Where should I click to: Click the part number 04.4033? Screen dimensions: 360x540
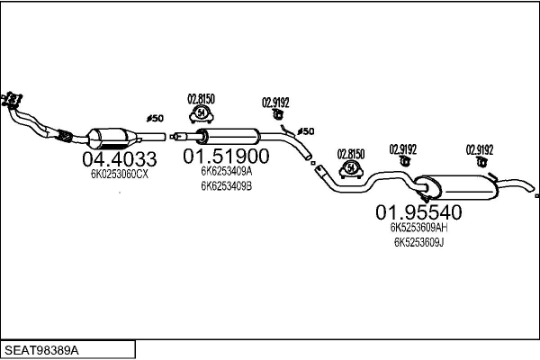click(119, 159)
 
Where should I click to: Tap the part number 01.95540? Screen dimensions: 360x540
click(418, 213)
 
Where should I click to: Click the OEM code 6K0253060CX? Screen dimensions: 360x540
click(119, 175)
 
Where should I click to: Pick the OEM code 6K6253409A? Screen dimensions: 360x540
click(227, 171)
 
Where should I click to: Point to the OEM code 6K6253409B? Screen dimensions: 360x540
click(227, 186)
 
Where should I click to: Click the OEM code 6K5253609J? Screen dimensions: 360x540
click(418, 243)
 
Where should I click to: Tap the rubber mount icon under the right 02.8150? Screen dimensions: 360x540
click(350, 168)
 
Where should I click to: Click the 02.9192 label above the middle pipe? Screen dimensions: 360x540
click(274, 102)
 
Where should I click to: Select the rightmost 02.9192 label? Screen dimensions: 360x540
click(479, 149)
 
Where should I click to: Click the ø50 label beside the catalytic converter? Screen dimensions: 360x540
click(155, 118)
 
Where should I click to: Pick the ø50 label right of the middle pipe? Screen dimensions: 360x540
click(306, 131)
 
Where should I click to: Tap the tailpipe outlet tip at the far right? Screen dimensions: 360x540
click(535, 195)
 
